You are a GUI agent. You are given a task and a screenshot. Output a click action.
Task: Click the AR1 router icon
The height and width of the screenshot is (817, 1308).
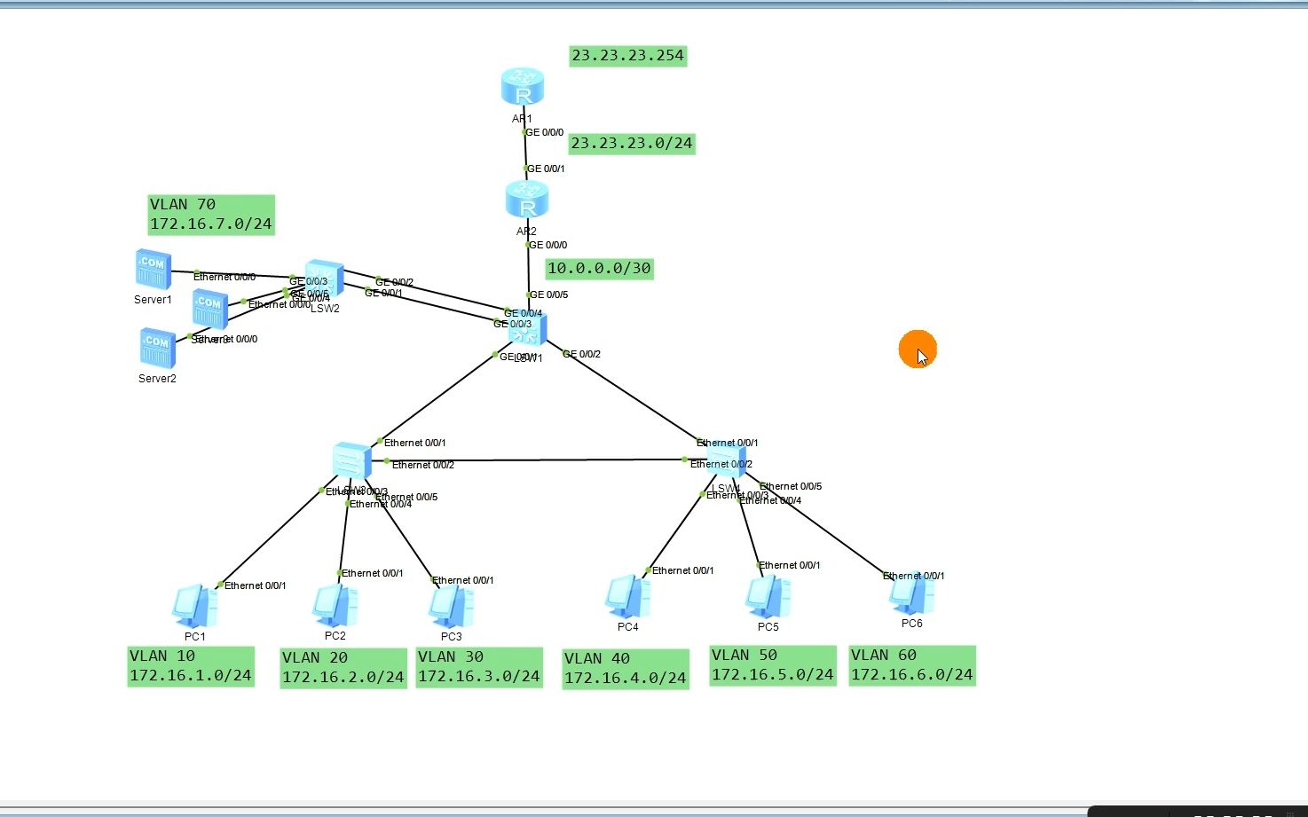tap(522, 87)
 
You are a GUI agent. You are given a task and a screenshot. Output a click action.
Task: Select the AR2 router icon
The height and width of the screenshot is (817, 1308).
tap(527, 200)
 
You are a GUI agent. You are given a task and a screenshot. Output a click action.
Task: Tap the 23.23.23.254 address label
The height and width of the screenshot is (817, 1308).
tap(627, 56)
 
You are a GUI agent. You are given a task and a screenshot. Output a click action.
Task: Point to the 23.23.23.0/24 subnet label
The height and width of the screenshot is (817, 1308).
tap(631, 143)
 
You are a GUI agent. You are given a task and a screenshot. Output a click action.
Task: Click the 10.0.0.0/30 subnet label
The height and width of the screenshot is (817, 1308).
tap(599, 268)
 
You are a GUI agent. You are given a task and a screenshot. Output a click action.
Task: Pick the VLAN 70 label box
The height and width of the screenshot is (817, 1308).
tap(210, 215)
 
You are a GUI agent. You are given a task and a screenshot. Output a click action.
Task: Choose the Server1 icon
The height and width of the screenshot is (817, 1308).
tap(153, 270)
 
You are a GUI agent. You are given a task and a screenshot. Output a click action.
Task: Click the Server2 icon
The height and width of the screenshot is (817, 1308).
tap(157, 348)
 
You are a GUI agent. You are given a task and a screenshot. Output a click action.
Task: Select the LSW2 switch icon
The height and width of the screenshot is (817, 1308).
tap(324, 279)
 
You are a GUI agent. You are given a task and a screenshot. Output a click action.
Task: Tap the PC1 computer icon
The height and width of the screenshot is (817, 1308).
tap(194, 607)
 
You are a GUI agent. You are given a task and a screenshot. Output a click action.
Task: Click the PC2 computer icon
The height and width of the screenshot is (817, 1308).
tap(335, 606)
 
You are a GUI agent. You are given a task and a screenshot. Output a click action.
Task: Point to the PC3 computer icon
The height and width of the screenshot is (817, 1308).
tap(451, 607)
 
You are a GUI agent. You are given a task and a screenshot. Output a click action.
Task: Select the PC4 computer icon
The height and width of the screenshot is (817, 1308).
tap(627, 597)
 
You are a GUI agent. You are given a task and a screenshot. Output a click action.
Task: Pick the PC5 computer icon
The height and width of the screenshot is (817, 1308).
tap(768, 597)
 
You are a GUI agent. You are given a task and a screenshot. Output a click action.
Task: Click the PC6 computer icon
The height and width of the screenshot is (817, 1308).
tap(911, 594)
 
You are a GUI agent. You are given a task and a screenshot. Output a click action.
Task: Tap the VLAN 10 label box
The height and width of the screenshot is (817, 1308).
tap(190, 666)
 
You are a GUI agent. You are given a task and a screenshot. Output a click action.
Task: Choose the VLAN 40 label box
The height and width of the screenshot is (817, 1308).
tap(625, 668)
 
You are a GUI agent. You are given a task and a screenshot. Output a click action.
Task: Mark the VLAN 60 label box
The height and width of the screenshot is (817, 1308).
tap(911, 665)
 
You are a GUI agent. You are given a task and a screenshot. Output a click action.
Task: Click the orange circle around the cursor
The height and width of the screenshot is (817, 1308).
tap(917, 349)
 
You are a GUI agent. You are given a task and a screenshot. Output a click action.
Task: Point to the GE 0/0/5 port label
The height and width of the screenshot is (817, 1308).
tap(548, 295)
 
